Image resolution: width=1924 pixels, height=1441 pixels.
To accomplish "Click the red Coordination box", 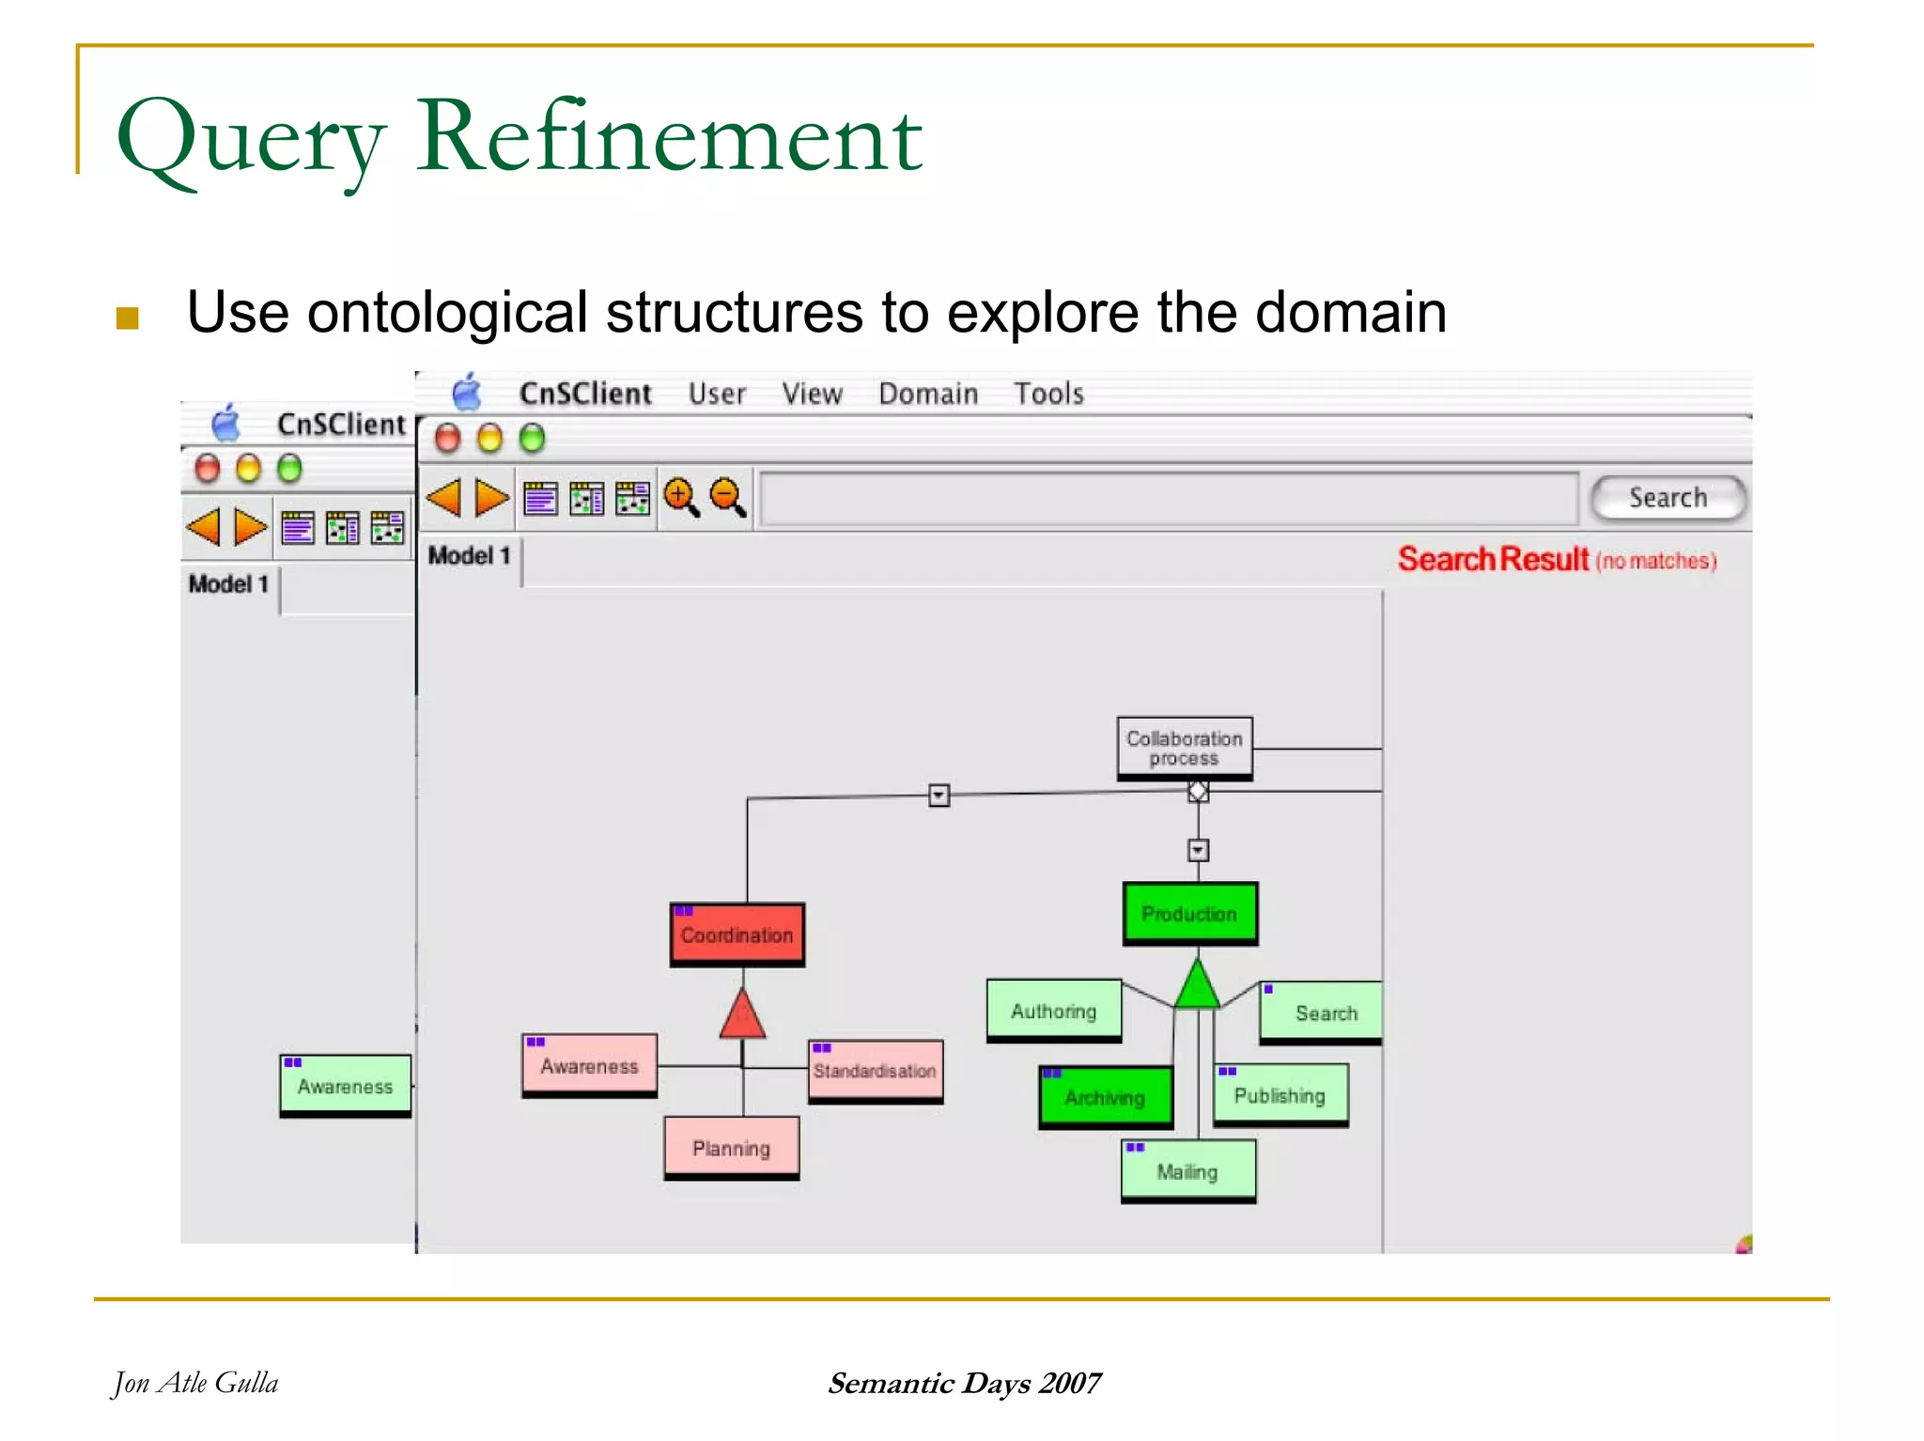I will click(x=737, y=935).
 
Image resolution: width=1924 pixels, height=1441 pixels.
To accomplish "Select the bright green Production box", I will click(x=1189, y=913).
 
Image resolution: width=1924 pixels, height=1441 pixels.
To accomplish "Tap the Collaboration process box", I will click(x=1185, y=748).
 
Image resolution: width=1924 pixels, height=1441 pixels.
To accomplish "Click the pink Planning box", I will click(x=731, y=1147).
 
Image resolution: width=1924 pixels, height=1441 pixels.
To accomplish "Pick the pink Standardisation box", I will click(x=875, y=1070).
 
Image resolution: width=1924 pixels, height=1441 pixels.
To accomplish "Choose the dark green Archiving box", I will click(x=1106, y=1096).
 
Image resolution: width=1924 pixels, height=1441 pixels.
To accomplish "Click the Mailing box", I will click(x=1187, y=1170).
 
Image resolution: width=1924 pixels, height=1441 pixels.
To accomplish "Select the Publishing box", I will click(x=1280, y=1094).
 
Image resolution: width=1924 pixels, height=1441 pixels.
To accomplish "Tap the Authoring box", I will click(x=1053, y=1011).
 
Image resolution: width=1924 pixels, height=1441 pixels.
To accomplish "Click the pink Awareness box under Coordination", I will click(x=589, y=1065).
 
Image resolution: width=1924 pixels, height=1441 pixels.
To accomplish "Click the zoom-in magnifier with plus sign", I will click(x=680, y=496).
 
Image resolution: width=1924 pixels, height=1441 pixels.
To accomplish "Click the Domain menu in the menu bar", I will click(x=928, y=394).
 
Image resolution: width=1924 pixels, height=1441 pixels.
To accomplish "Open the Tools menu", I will click(x=1048, y=394).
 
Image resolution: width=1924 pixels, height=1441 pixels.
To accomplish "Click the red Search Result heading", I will click(x=1493, y=559).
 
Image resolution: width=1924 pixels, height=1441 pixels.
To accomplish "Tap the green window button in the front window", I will click(x=532, y=438).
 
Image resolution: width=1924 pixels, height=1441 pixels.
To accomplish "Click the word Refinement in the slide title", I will click(x=669, y=137).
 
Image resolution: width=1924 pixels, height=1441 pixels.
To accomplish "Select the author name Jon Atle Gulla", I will click(x=195, y=1383).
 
